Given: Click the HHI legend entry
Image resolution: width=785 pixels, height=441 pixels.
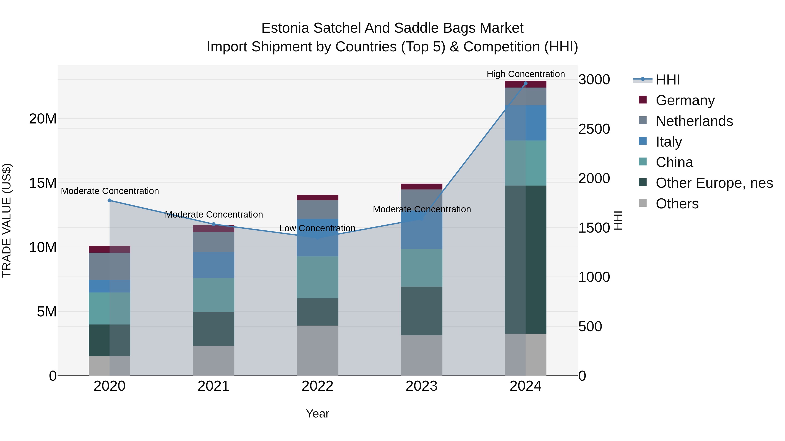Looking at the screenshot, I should point(667,80).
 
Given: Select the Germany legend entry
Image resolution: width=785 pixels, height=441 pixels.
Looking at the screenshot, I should point(685,100).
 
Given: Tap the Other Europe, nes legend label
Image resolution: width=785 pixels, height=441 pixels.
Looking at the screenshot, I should point(714,183).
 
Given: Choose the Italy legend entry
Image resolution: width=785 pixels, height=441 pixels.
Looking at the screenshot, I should point(668,142).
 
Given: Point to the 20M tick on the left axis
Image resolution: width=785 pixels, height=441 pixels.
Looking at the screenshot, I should point(43,119).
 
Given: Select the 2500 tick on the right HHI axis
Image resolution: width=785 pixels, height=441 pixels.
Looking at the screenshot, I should point(594,129).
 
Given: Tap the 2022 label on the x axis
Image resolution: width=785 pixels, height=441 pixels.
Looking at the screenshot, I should point(317,386).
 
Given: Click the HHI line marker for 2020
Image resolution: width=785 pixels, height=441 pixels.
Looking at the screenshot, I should point(110,200).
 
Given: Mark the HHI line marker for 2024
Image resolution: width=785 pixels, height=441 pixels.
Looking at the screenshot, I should point(525,83).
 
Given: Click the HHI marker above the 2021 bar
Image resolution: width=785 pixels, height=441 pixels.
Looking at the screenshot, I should point(214,224).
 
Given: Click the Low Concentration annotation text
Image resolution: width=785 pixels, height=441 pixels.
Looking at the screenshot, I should point(317,228).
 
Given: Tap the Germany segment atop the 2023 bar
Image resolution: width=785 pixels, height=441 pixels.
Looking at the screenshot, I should point(422,187).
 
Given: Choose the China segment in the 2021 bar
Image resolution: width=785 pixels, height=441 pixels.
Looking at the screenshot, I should point(214,295).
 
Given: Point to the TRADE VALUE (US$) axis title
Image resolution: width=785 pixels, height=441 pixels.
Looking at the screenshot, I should point(7,220).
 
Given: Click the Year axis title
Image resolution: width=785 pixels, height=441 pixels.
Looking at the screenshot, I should point(317,414).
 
